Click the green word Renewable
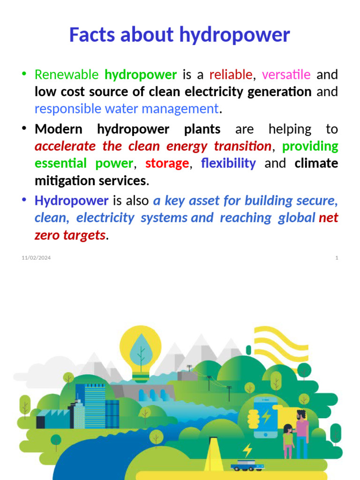67,75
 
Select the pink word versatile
286,75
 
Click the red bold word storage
167,164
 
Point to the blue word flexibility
228,164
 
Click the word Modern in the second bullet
59,129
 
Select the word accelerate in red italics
65,146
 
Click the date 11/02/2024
36,258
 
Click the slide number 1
337,258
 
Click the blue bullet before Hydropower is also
23,200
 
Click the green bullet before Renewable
23,74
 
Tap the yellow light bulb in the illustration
140,352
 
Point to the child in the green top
288,441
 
